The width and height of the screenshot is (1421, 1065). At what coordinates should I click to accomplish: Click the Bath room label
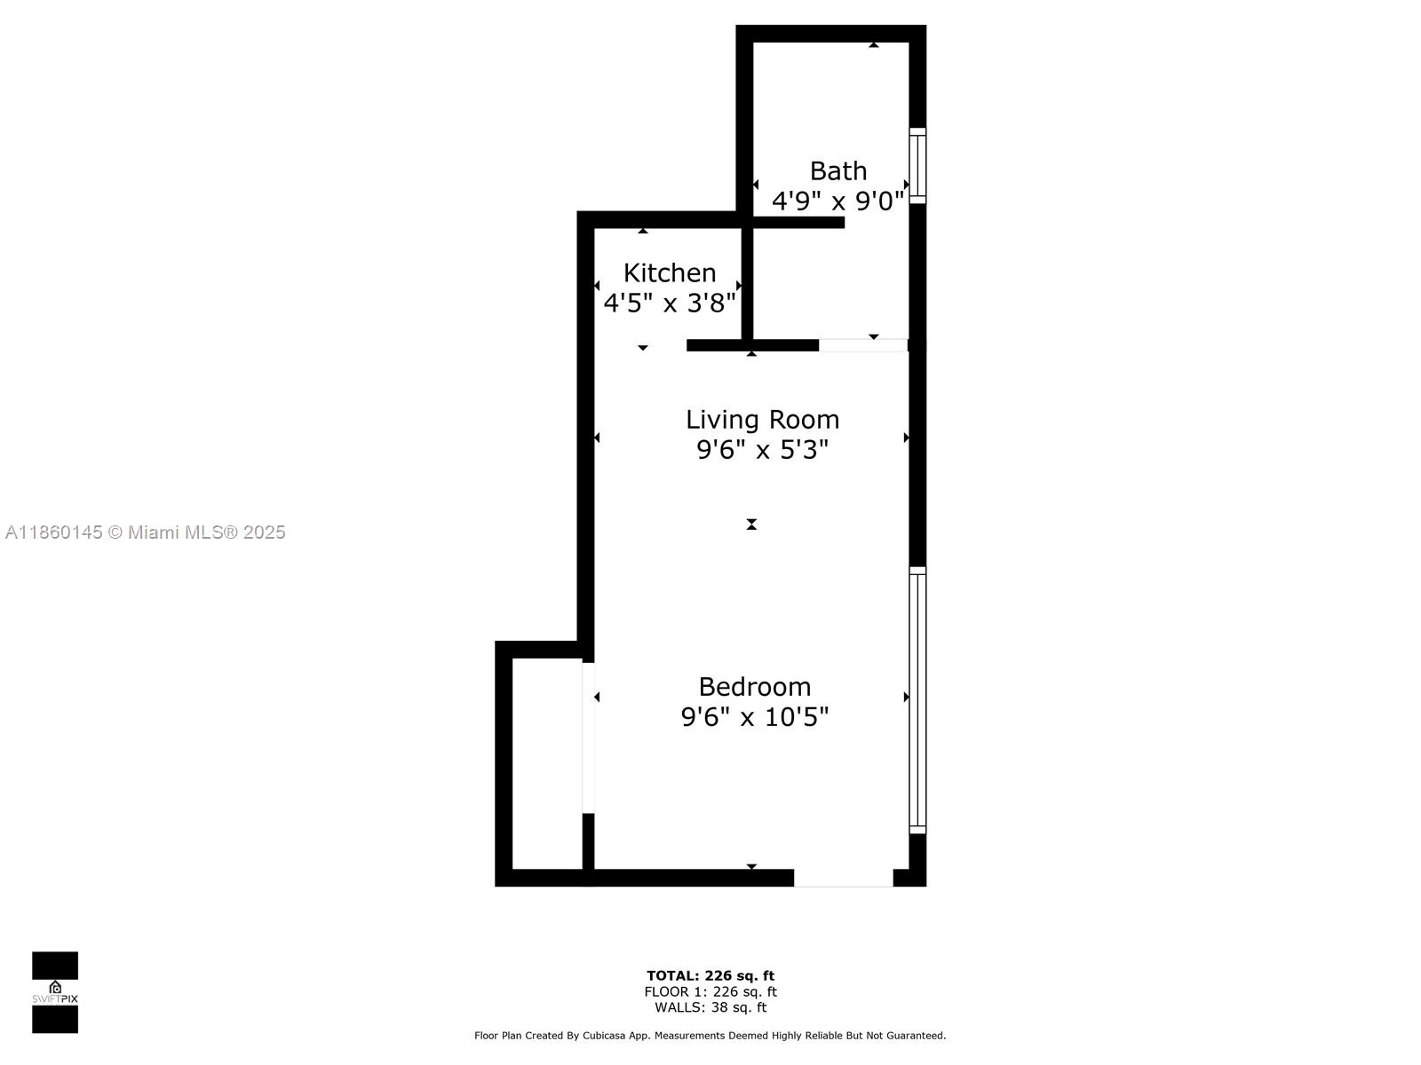838,171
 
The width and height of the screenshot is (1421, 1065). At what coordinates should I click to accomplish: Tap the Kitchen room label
670,272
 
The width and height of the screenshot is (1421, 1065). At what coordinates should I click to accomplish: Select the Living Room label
763,420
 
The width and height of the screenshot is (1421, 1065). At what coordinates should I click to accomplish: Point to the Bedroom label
754,687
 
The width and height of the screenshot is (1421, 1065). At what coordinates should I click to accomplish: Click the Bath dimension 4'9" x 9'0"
838,201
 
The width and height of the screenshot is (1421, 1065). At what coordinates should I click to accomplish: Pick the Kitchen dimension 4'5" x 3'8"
670,303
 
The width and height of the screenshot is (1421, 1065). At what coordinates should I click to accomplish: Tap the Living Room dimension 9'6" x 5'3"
762,449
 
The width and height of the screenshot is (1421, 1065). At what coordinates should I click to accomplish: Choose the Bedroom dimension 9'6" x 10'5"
754,717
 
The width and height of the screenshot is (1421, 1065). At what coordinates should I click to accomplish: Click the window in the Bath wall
917,166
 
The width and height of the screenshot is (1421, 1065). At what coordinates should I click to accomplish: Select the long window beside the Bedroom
917,700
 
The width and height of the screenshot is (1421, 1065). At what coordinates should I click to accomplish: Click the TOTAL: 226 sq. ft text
710,975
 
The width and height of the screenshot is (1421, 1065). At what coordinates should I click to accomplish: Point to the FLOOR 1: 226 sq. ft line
710,991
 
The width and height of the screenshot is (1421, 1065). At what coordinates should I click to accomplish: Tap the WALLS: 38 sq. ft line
710,1006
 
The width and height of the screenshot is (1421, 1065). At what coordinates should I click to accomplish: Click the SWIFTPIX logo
55,992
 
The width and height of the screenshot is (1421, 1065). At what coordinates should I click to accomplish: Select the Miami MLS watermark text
145,532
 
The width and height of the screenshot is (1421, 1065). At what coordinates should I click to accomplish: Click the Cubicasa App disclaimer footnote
710,1035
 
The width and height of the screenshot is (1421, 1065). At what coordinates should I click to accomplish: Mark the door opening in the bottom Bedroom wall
844,878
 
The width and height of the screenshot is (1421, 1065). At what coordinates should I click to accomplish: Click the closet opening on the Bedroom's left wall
588,738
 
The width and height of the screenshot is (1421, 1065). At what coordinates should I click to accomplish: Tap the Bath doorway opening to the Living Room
863,344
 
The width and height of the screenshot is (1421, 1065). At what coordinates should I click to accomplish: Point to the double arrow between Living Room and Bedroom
751,524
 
